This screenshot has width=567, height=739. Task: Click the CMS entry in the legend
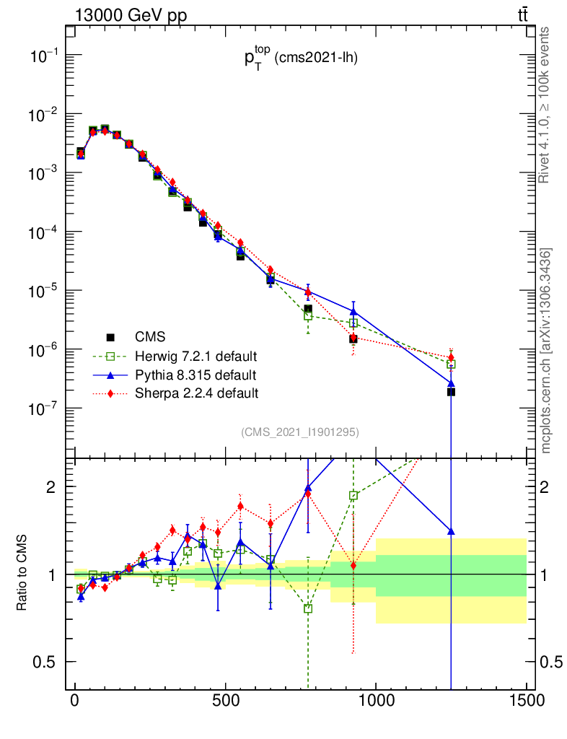click(x=150, y=337)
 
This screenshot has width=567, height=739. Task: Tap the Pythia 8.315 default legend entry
click(x=195, y=375)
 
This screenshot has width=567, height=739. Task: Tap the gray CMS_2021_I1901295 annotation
click(x=300, y=432)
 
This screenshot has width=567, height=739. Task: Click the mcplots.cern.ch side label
click(x=546, y=351)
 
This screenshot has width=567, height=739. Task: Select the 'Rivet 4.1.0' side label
click(x=546, y=105)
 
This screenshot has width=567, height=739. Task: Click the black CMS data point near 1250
click(x=451, y=392)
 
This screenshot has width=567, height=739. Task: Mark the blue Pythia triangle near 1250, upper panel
click(x=451, y=383)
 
